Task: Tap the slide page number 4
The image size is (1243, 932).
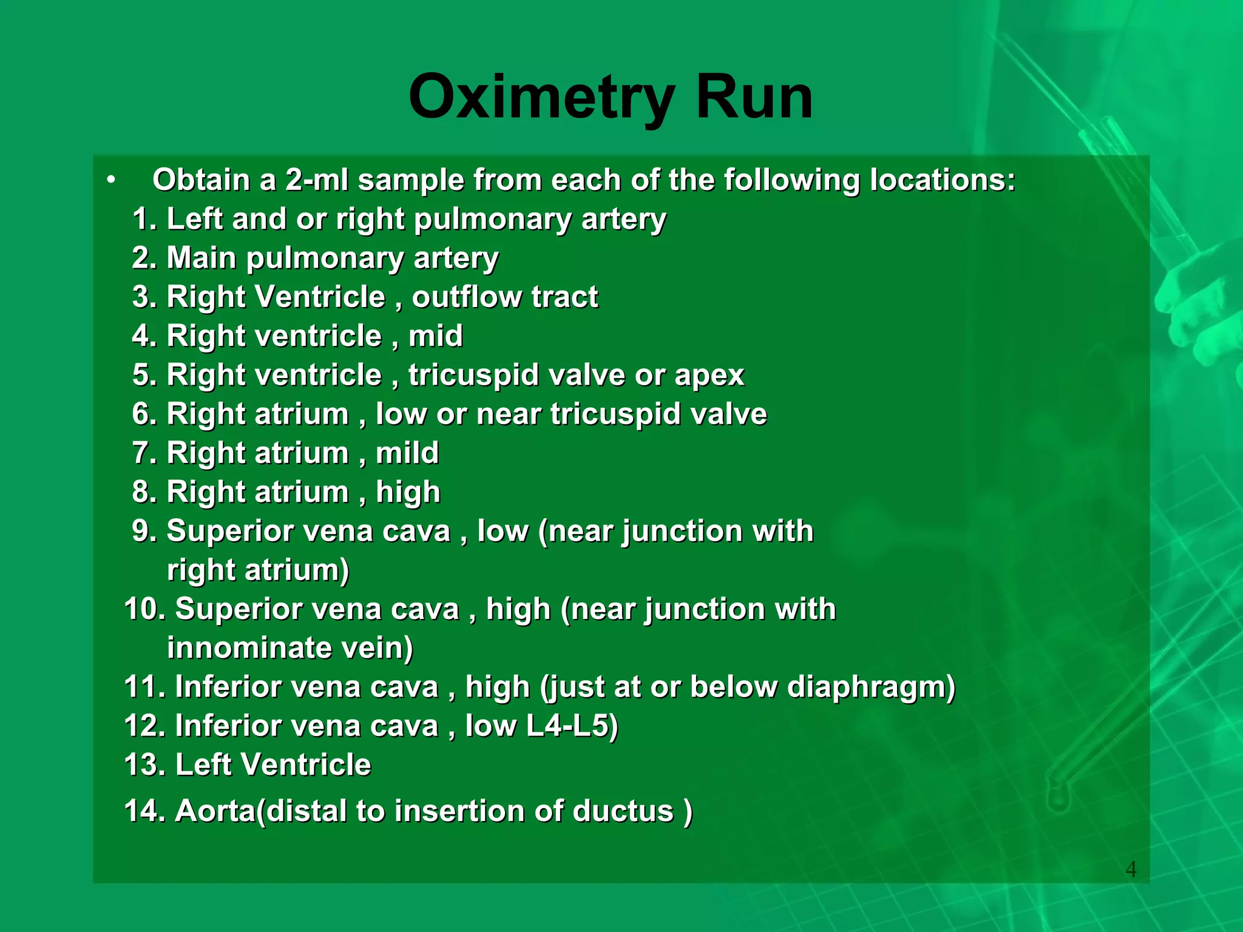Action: (1131, 870)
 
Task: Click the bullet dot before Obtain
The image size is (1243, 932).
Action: (110, 180)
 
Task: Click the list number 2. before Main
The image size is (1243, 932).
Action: (144, 258)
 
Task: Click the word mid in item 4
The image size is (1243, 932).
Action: (435, 336)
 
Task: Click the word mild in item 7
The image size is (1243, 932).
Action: (407, 453)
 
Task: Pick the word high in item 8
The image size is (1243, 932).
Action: (407, 492)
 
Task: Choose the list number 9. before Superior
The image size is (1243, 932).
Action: (144, 532)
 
